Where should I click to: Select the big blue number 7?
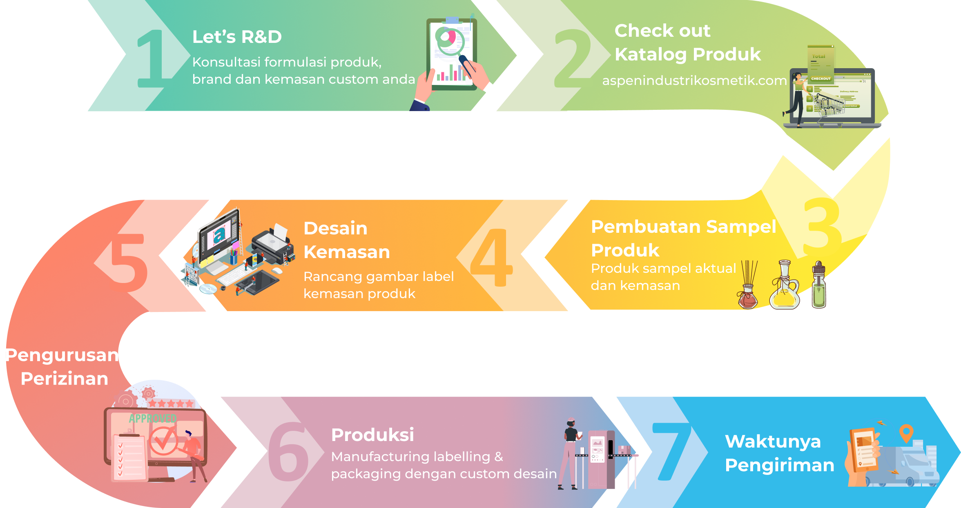point(672,451)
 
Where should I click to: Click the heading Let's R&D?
point(237,37)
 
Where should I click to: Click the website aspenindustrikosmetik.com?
point(694,80)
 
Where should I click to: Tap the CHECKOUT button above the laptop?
point(821,78)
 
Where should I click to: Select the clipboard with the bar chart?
point(451,53)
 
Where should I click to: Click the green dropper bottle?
point(819,285)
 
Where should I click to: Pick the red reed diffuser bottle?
point(748,286)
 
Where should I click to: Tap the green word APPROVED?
point(153,418)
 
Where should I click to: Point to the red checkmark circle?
point(163,441)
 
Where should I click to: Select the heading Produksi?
point(372,434)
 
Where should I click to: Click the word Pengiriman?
point(779,466)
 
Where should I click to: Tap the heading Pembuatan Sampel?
point(683,227)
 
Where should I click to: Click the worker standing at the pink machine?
point(570,453)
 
